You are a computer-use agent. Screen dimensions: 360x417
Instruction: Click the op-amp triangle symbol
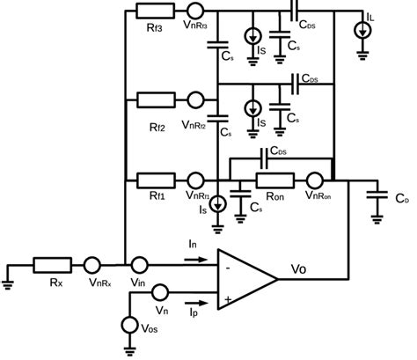[246, 280]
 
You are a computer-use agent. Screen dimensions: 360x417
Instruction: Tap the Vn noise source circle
[160, 292]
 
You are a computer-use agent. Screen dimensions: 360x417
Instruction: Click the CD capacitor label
[401, 202]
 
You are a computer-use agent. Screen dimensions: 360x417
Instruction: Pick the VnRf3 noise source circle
[194, 11]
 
